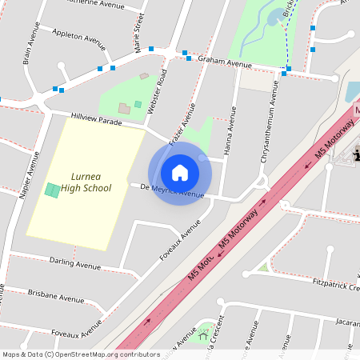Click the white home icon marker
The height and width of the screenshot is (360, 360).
180,172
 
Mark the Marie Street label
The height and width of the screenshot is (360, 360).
138,32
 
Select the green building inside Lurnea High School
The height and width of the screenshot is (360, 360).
52,190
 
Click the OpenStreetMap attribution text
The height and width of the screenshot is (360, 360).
80,354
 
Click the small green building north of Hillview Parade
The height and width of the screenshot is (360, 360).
138,104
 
